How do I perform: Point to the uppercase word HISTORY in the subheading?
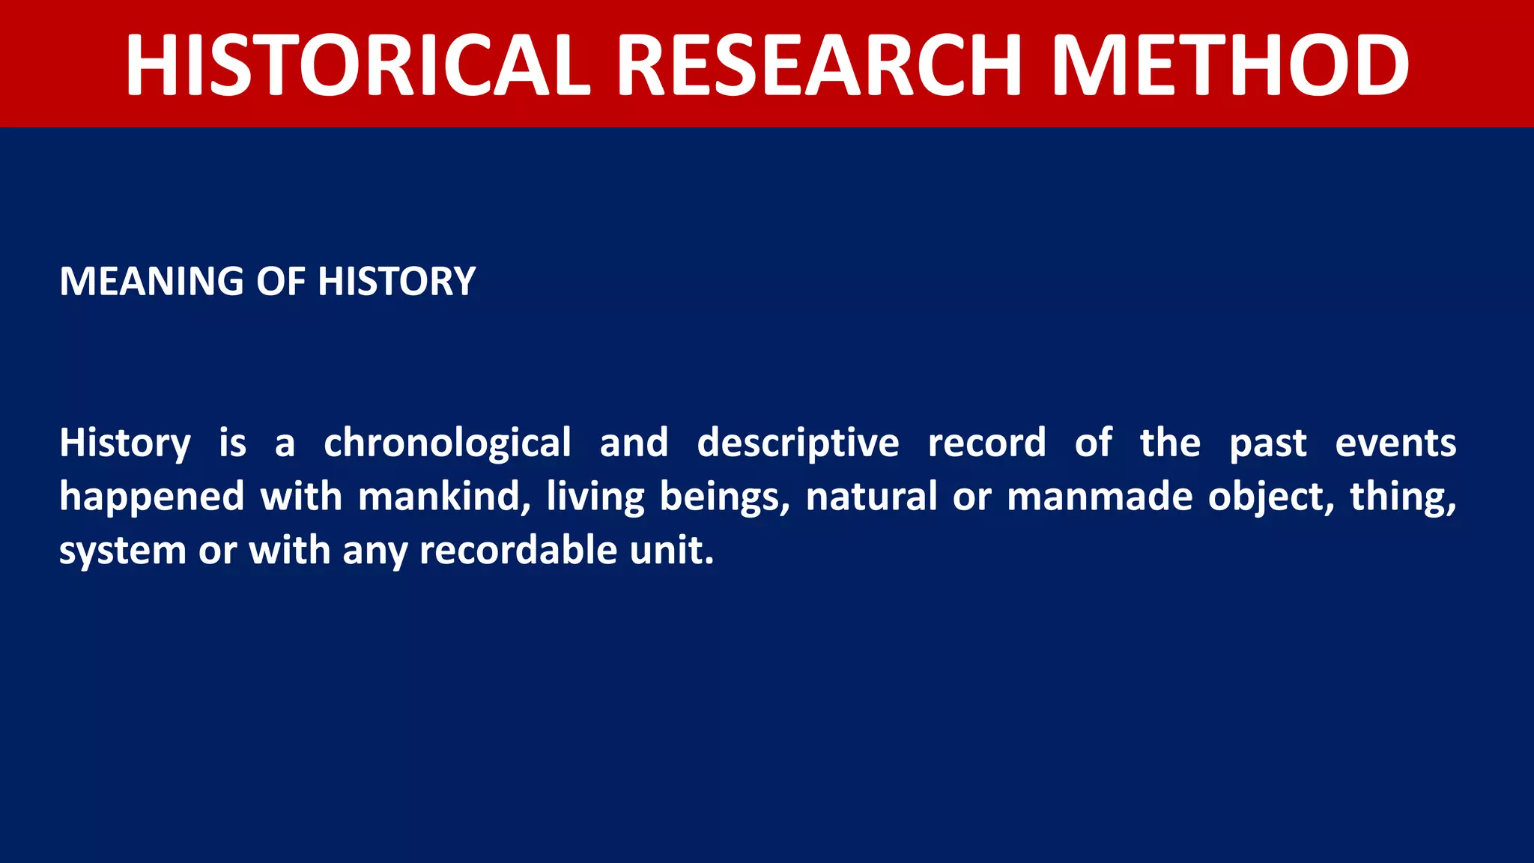(396, 282)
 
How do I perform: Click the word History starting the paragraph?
(125, 443)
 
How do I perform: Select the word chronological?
(447, 443)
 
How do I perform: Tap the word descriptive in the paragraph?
(798, 443)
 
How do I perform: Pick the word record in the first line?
(986, 443)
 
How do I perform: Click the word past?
(1268, 443)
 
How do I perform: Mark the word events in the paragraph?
(1395, 443)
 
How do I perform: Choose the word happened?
(152, 497)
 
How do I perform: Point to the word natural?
(871, 497)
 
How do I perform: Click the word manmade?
(1100, 497)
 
